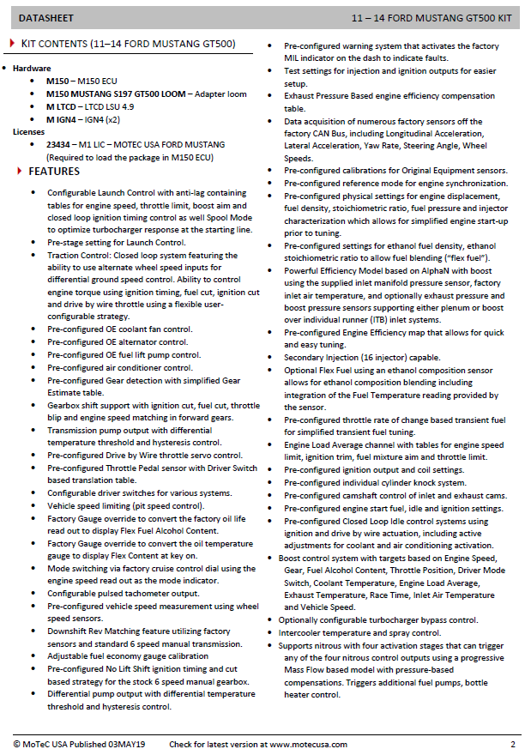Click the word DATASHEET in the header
pyautogui.click(x=45, y=16)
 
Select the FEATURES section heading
pyautogui.click(x=54, y=172)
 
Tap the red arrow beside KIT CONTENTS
pyautogui.click(x=12, y=43)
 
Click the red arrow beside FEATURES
pyautogui.click(x=20, y=172)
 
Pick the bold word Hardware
pyautogui.click(x=32, y=68)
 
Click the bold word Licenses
pyautogui.click(x=28, y=132)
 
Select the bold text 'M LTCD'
pyautogui.click(x=62, y=106)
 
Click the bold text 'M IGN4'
pyautogui.click(x=62, y=119)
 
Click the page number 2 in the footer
pyautogui.click(x=512, y=744)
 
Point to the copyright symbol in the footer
pyautogui.click(x=17, y=744)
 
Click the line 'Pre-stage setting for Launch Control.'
pyautogui.click(x=116, y=243)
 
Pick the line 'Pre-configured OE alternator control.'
pyautogui.click(x=118, y=341)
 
